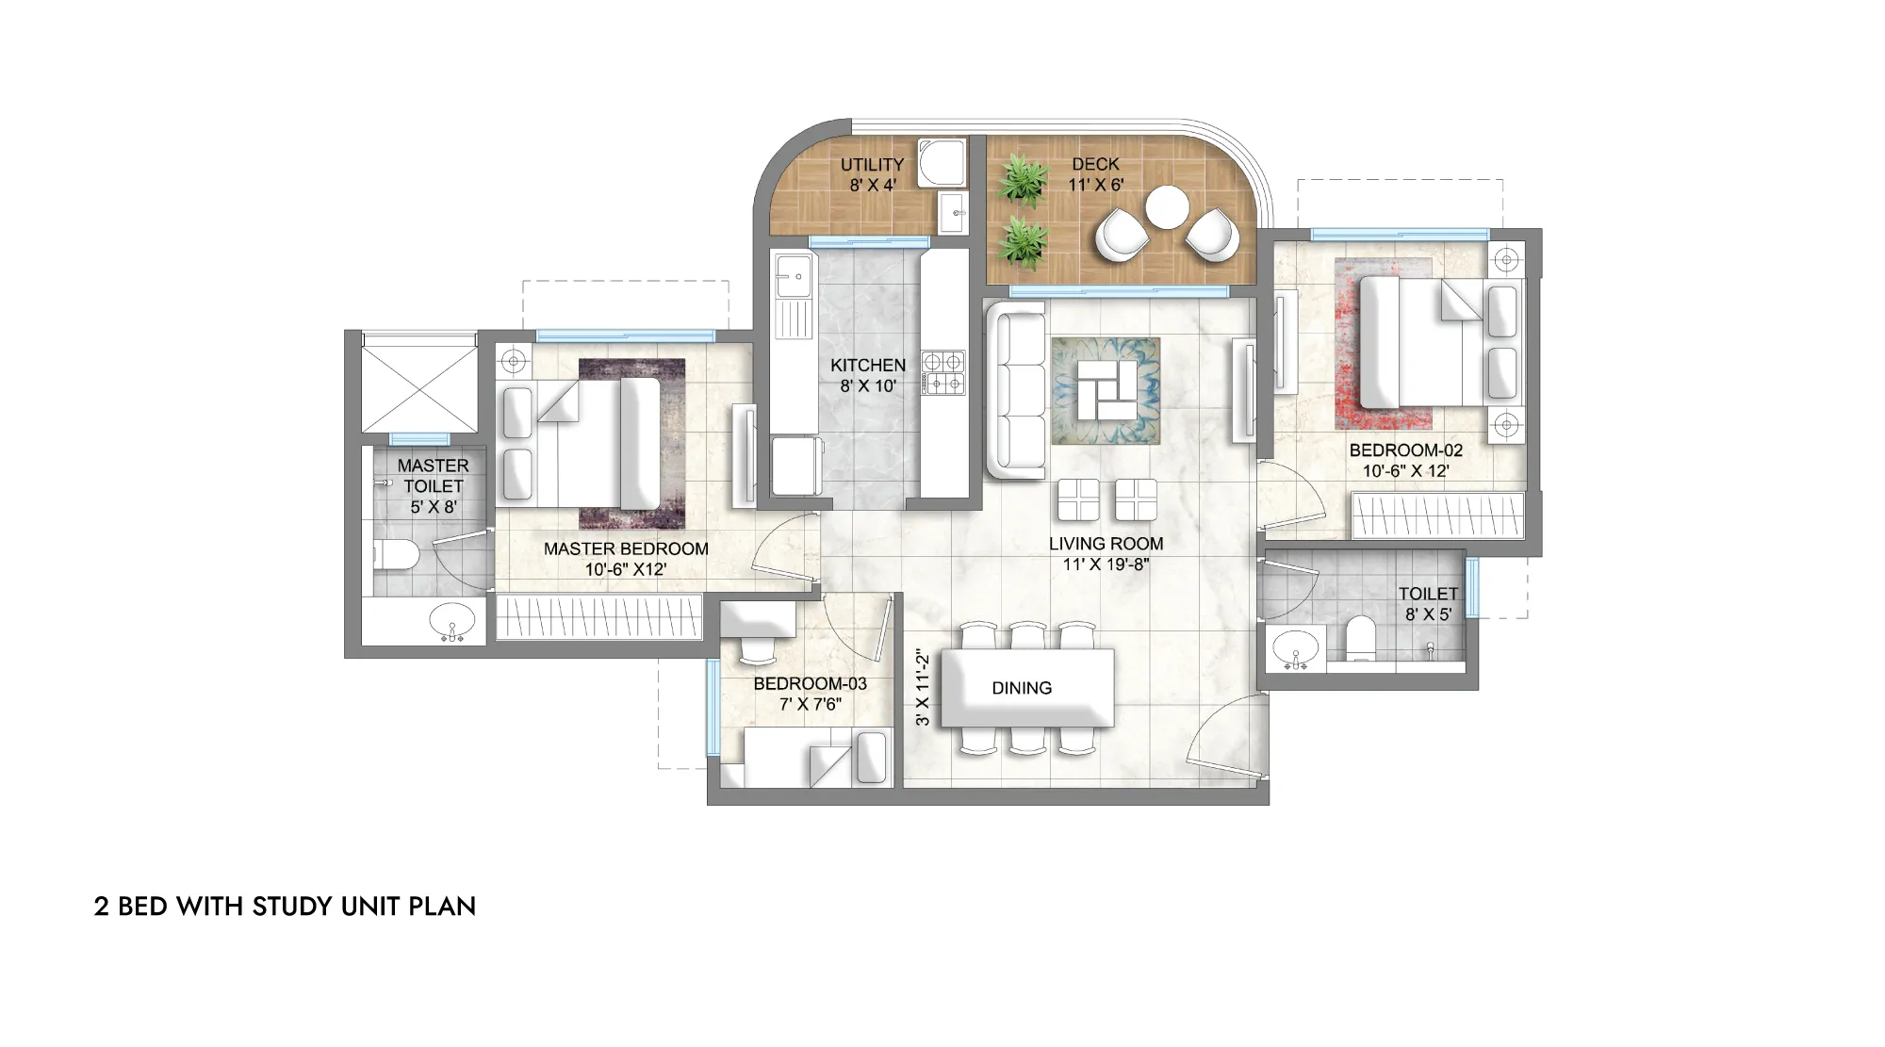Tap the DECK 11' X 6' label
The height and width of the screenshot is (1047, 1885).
[x=1095, y=175]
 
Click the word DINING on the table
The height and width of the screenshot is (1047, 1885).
[x=1022, y=688]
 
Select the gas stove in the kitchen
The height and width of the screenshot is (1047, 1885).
[x=942, y=371]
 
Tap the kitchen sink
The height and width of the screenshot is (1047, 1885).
[x=794, y=274]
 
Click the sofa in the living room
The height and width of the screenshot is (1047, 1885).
[x=1016, y=389]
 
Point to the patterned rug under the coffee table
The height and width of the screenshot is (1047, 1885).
[x=1106, y=391]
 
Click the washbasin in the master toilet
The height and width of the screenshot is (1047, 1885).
[x=452, y=624]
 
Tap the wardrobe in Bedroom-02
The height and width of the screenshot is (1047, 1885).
[x=1438, y=515]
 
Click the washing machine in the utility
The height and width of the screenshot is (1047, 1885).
[x=942, y=164]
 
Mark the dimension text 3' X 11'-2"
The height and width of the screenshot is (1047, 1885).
[x=923, y=689]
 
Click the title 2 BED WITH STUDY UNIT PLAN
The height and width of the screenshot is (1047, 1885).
[x=285, y=907]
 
